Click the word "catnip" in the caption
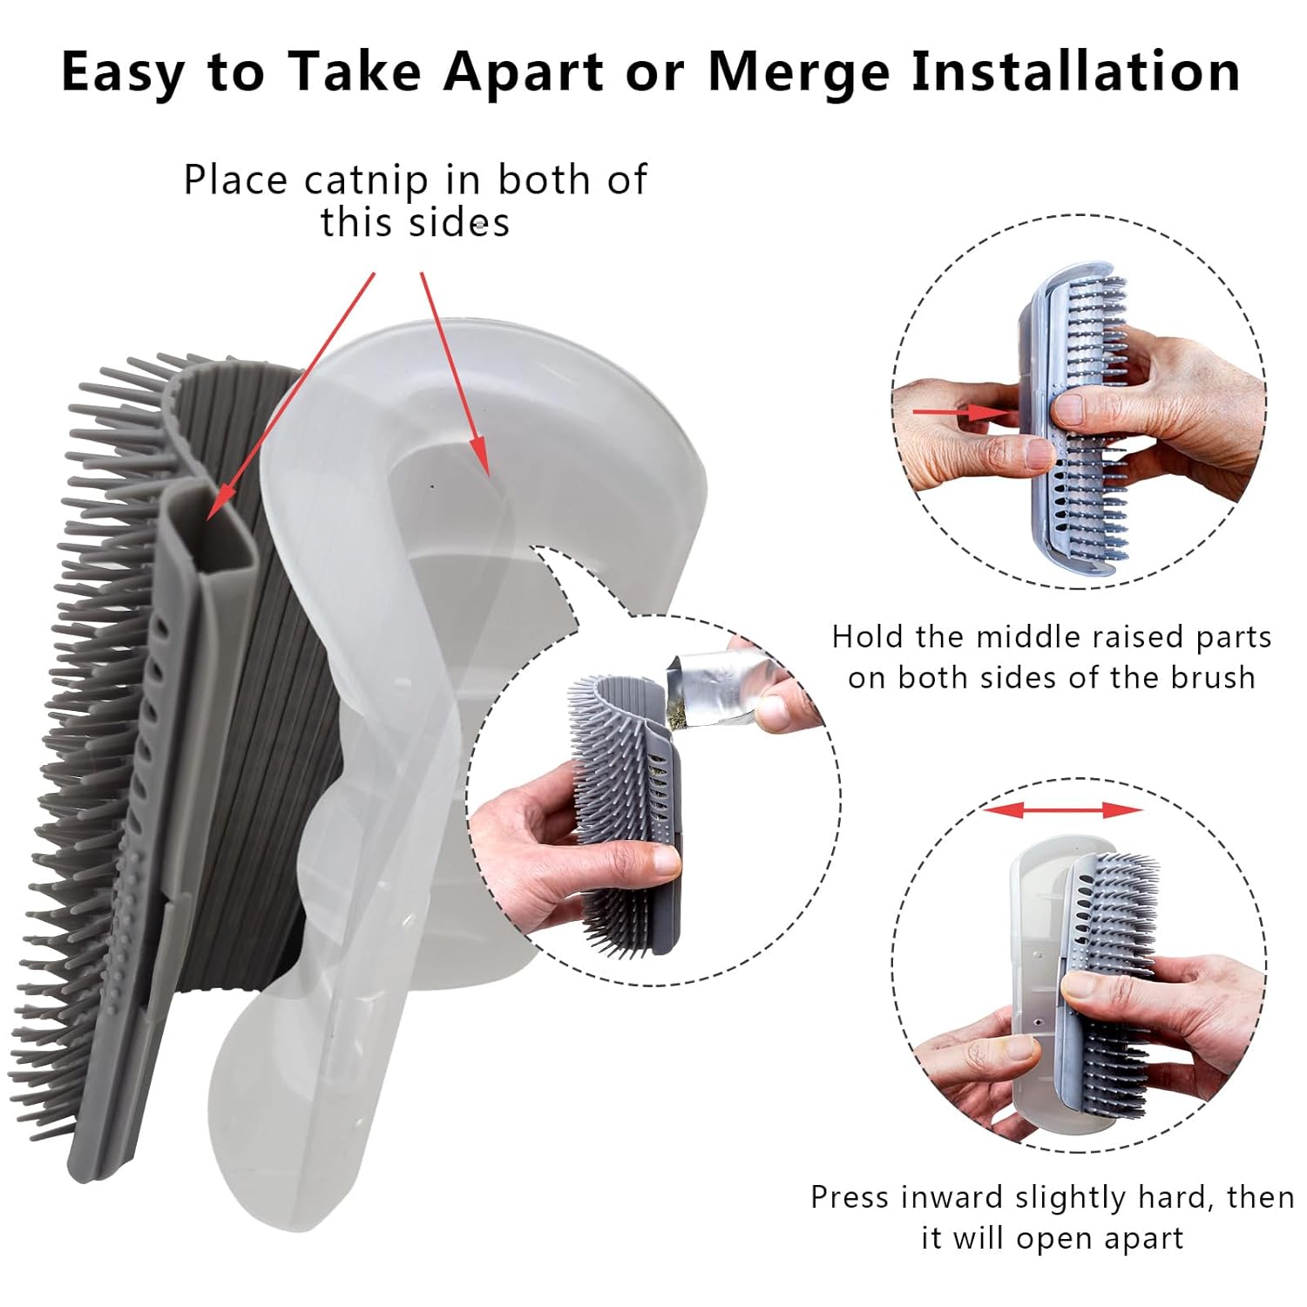tap(367, 180)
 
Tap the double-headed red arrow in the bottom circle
tap(1061, 810)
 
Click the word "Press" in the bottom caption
tap(850, 1197)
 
